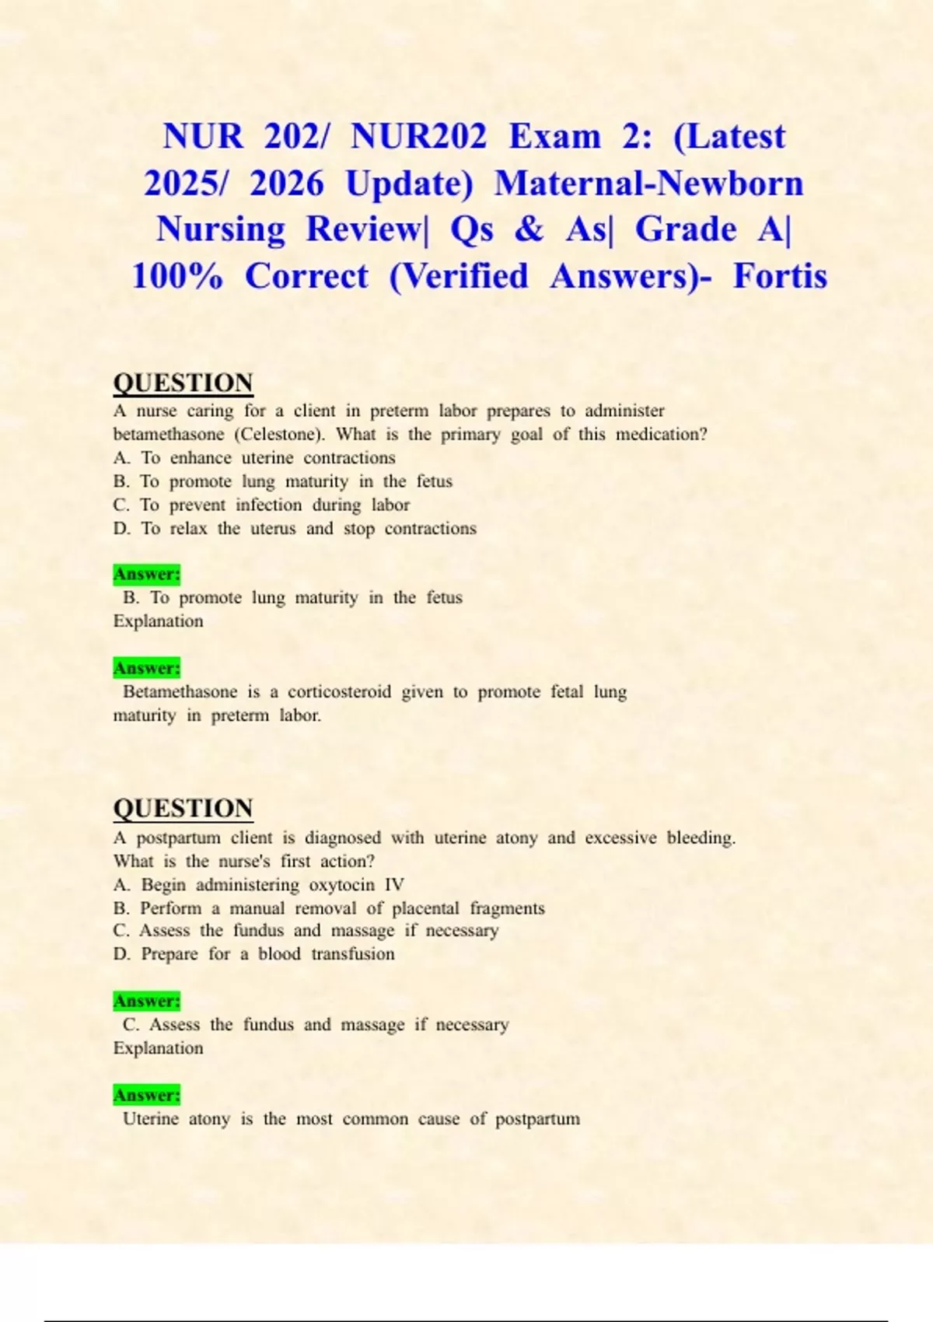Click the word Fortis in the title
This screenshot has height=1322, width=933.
pyautogui.click(x=780, y=276)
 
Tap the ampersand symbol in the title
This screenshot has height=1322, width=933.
pyautogui.click(x=529, y=229)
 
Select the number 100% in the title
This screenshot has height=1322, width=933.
pyautogui.click(x=177, y=276)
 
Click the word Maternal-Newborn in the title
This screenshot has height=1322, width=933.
pyautogui.click(x=648, y=184)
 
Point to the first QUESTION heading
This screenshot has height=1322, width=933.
pyautogui.click(x=183, y=383)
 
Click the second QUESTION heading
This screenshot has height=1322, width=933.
pyautogui.click(x=183, y=808)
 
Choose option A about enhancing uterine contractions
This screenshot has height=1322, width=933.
pyautogui.click(x=254, y=458)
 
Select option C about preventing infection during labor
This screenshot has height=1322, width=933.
pyautogui.click(x=261, y=505)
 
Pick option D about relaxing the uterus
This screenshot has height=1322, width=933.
pyautogui.click(x=295, y=529)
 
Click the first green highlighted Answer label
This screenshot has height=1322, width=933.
pyautogui.click(x=146, y=574)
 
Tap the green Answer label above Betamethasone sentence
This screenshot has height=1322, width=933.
pyautogui.click(x=146, y=668)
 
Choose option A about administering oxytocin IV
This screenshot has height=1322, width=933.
pyautogui.click(x=258, y=885)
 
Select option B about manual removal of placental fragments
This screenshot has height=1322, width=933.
pyautogui.click(x=329, y=908)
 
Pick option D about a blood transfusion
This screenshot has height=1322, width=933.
pyautogui.click(x=253, y=954)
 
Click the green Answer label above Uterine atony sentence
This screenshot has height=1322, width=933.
pyautogui.click(x=146, y=1095)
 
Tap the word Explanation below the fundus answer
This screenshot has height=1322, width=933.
pyautogui.click(x=158, y=1048)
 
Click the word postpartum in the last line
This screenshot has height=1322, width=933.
pyautogui.click(x=537, y=1119)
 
